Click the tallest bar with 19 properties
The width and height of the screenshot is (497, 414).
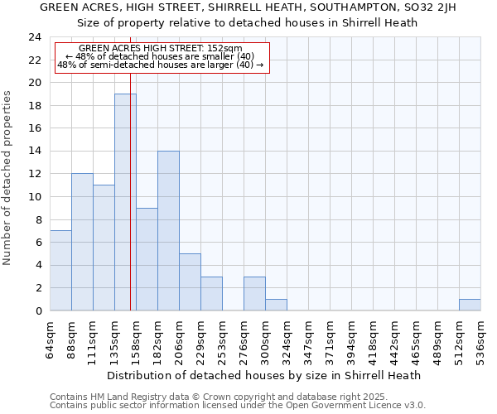coord(125,202)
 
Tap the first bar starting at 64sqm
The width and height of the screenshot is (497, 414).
coord(60,270)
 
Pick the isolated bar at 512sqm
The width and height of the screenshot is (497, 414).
coord(470,305)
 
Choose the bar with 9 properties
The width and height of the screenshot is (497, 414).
coord(147,259)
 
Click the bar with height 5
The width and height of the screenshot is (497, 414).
coord(190,282)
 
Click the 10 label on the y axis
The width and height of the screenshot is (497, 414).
coord(35,197)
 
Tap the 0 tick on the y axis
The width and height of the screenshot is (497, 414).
coord(38,310)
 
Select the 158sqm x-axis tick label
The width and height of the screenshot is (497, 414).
coord(137,340)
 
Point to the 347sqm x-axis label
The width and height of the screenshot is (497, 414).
coord(309,340)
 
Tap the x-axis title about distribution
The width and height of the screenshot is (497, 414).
coord(265,375)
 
